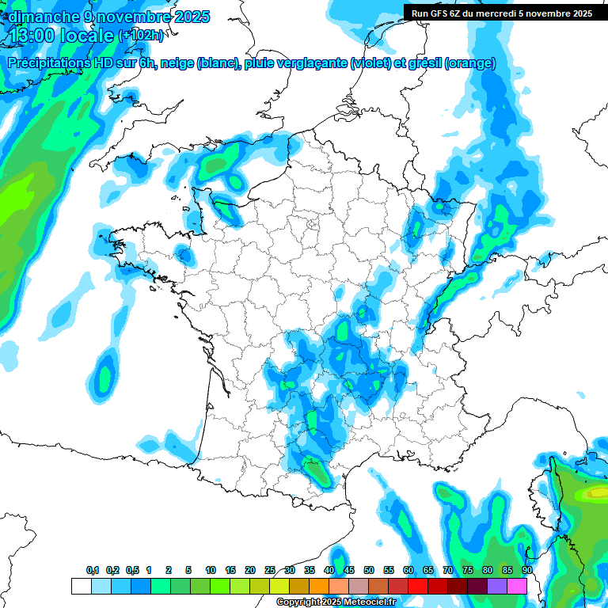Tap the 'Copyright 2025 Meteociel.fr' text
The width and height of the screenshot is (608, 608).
tap(336, 602)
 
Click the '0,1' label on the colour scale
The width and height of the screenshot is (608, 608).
tap(93, 570)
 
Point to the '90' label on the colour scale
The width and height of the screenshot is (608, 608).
tap(526, 570)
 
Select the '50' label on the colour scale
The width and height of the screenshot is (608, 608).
tap(369, 570)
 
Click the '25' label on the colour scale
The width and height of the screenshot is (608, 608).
tap(270, 570)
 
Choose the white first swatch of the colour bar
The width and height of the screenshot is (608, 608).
tap(81, 586)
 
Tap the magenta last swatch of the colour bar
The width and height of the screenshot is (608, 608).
tap(517, 586)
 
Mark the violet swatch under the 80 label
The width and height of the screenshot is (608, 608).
tap(497, 586)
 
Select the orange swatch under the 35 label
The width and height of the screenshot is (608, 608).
tap(319, 586)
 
